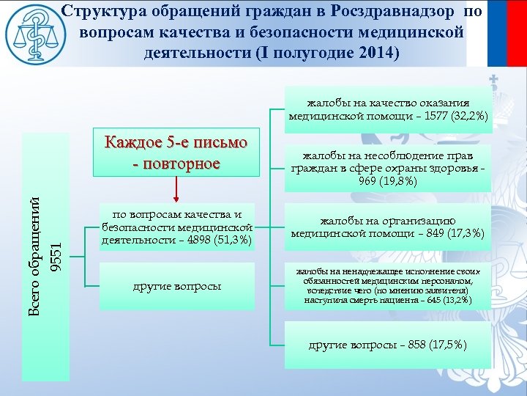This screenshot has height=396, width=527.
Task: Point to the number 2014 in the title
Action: click(x=371, y=54)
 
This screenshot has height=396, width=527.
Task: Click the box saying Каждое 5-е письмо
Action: click(x=176, y=152)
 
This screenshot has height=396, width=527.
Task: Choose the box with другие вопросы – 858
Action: click(x=387, y=345)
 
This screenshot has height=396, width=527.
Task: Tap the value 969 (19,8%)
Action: click(x=388, y=181)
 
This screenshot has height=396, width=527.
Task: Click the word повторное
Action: click(x=183, y=162)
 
